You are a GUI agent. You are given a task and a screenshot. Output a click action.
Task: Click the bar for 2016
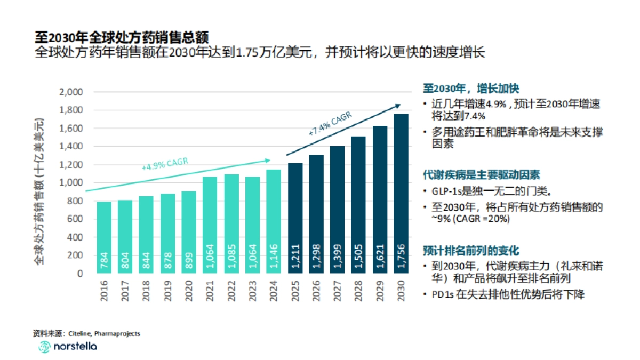pos(104,237)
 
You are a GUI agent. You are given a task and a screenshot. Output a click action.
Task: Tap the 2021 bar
pos(210,224)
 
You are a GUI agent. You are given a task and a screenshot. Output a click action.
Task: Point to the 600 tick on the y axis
pos(75,219)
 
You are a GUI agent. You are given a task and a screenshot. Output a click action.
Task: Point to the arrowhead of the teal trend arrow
pos(268,159)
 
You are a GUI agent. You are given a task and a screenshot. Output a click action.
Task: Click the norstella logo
pos(67,347)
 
